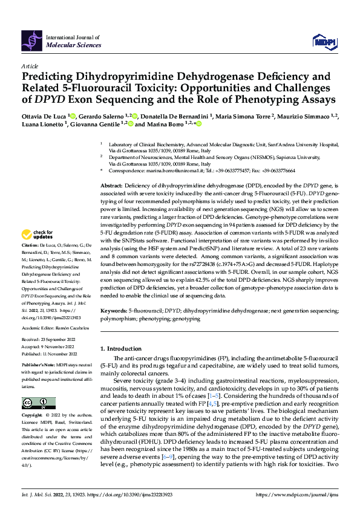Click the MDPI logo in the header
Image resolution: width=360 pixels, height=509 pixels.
324,41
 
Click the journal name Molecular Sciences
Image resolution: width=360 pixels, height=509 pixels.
70,45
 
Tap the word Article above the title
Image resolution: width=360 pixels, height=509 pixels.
30,65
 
